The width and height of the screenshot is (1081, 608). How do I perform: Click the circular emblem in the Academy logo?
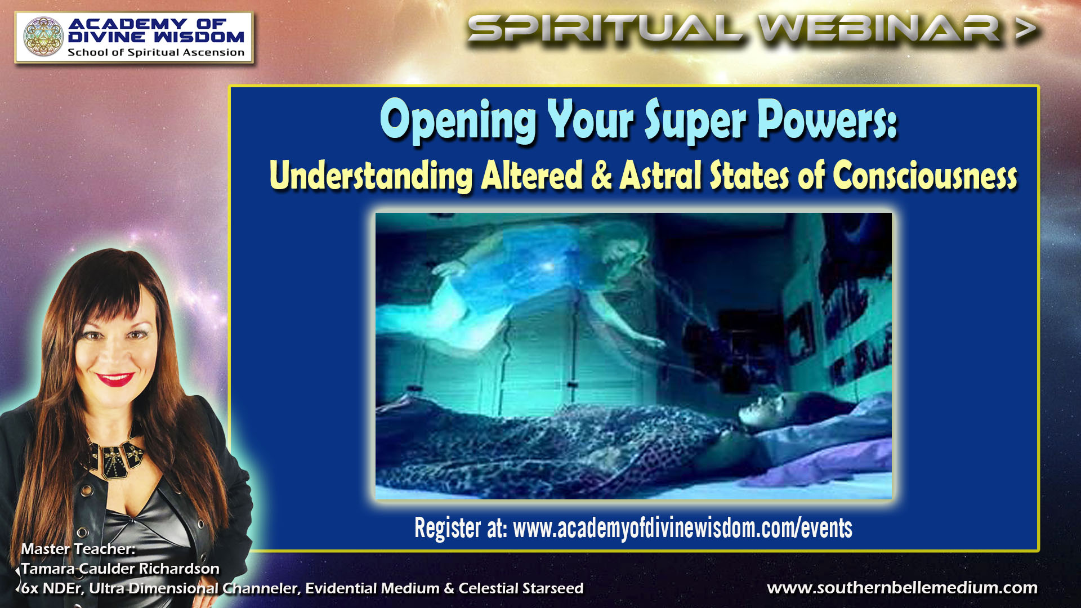click(43, 37)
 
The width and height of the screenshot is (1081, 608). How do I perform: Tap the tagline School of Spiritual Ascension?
click(156, 52)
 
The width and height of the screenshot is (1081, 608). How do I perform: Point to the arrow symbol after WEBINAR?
click(1026, 29)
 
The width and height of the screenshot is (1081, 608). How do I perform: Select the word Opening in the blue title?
click(457, 120)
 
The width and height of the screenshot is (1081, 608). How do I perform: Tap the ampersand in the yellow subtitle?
click(601, 176)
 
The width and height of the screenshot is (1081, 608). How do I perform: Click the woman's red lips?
click(115, 379)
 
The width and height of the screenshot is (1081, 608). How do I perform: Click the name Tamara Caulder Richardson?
click(120, 569)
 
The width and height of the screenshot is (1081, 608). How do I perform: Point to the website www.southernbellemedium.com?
click(902, 588)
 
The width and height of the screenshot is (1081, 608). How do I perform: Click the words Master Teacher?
click(78, 549)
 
